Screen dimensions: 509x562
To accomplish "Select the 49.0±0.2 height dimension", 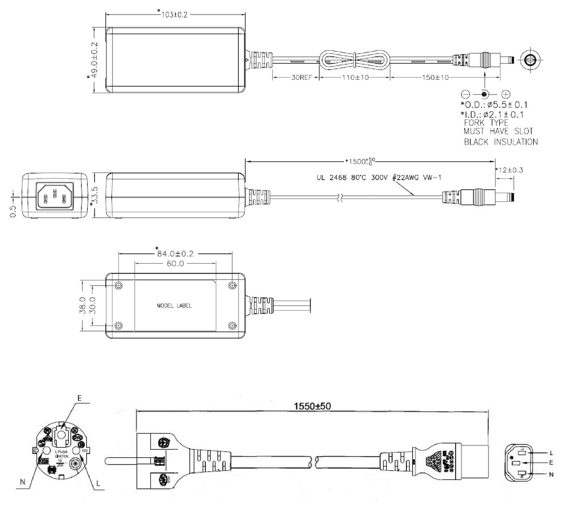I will [x=94, y=60].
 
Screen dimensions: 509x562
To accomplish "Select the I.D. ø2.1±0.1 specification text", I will [x=492, y=114].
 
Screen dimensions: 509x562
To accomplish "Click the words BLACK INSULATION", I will [x=501, y=142].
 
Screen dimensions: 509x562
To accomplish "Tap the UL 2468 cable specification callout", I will [x=379, y=177].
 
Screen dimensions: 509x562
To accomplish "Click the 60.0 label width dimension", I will [x=175, y=264].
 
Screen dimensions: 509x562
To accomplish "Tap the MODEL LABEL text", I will [x=174, y=306].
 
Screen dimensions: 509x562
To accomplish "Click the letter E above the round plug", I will [x=79, y=398].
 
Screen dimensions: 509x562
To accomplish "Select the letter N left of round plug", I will [x=23, y=481].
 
